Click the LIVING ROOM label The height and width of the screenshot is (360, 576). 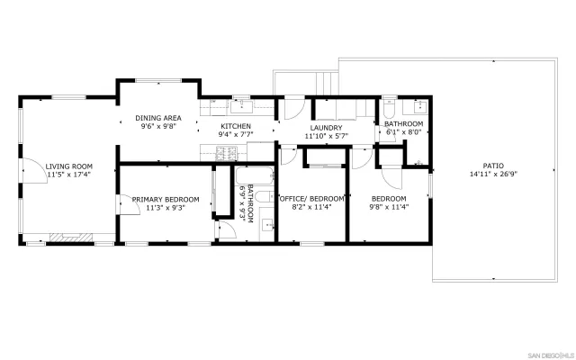(x=69, y=166)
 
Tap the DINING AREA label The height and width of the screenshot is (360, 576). (x=158, y=118)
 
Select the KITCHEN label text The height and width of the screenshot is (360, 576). (x=235, y=126)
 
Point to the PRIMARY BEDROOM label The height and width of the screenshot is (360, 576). (x=158, y=199)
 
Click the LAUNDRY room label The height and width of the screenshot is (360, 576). (x=325, y=128)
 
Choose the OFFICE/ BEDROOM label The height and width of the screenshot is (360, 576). (x=311, y=199)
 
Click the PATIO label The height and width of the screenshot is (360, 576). (x=492, y=166)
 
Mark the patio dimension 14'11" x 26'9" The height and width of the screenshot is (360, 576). (x=492, y=175)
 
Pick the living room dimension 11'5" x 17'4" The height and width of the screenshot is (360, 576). (x=69, y=175)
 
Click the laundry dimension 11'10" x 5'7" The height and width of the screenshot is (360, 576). (x=325, y=137)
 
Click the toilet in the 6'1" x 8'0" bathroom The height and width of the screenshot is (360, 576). (x=389, y=108)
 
